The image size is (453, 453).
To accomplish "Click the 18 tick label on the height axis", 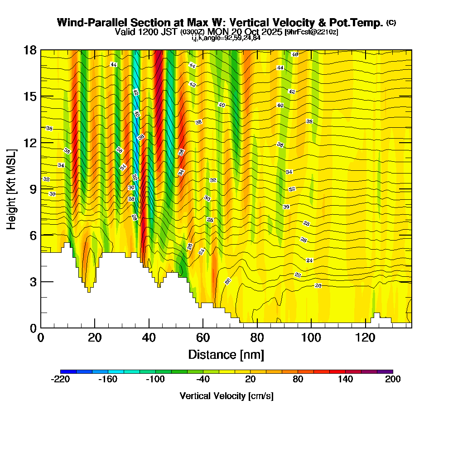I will tap(30, 50).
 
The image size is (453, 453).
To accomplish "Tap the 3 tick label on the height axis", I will tap(33, 282).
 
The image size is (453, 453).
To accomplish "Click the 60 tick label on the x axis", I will tap(203, 338).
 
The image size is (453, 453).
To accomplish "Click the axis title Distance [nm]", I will tap(226, 354).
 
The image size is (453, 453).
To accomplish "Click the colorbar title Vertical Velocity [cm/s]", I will tap(226, 396).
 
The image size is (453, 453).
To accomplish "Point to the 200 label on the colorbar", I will tap(393, 380).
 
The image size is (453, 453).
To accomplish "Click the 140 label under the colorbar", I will tap(345, 380).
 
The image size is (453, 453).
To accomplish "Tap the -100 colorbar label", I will tap(155, 380).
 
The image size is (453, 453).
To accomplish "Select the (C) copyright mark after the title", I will tap(391, 23).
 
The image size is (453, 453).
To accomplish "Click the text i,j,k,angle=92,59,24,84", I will tap(226, 38).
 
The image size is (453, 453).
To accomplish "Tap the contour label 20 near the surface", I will tap(318, 286).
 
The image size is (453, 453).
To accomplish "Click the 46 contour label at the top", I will tap(295, 54).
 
